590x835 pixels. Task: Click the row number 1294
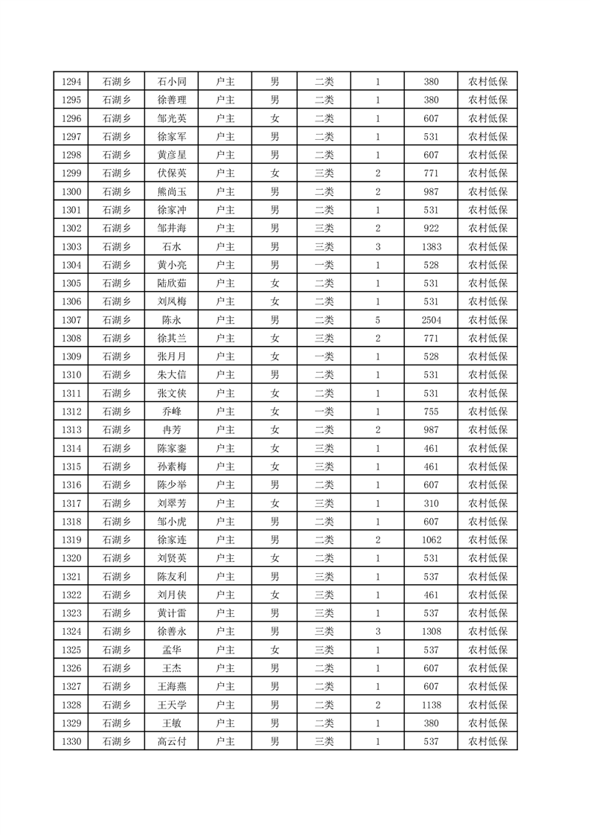pyautogui.click(x=71, y=82)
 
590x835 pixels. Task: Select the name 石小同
pyautogui.click(x=172, y=82)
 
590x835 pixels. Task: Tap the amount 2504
pyautogui.click(x=432, y=320)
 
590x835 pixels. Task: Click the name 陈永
pyautogui.click(x=172, y=320)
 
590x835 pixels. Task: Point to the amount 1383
pyautogui.click(x=432, y=246)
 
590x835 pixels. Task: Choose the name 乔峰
pyautogui.click(x=172, y=412)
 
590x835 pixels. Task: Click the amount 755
pyautogui.click(x=432, y=412)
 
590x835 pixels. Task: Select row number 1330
pyautogui.click(x=71, y=741)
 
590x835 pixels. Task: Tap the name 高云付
pyautogui.click(x=172, y=741)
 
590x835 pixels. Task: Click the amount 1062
pyautogui.click(x=432, y=540)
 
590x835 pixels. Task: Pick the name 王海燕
pyautogui.click(x=172, y=686)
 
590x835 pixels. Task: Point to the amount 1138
pyautogui.click(x=432, y=705)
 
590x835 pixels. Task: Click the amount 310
pyautogui.click(x=432, y=503)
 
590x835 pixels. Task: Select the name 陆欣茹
pyautogui.click(x=172, y=284)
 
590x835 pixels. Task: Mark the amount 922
pyautogui.click(x=432, y=228)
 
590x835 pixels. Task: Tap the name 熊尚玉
pyautogui.click(x=172, y=192)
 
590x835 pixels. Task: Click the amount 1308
pyautogui.click(x=432, y=631)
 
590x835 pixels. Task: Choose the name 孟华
pyautogui.click(x=172, y=650)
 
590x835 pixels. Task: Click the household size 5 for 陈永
pyautogui.click(x=378, y=320)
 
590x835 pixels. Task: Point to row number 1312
pyautogui.click(x=71, y=412)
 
